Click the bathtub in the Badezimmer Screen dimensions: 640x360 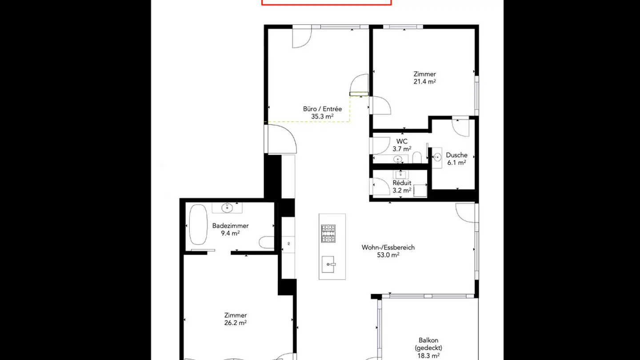click(x=198, y=224)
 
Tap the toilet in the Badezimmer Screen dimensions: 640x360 click(x=266, y=243)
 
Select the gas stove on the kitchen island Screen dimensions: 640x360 click(x=328, y=233)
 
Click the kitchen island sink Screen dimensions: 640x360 click(x=328, y=264)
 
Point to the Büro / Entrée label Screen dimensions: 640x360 click(x=322, y=109)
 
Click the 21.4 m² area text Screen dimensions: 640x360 click(x=424, y=82)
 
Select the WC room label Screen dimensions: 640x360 click(x=402, y=141)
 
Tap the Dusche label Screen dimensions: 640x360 click(x=456, y=155)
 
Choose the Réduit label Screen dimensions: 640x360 click(x=402, y=183)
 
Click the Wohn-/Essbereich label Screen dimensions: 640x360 click(x=388, y=248)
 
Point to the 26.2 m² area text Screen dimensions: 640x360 click(x=236, y=323)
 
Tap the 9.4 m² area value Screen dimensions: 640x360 click(x=230, y=233)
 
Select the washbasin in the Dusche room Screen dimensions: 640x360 click(x=437, y=157)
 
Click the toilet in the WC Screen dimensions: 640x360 click(x=417, y=157)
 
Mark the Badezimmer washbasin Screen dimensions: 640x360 click(x=227, y=208)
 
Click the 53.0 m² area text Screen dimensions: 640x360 click(x=388, y=255)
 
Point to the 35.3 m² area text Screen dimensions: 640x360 click(x=322, y=116)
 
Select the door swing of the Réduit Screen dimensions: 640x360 click(x=381, y=186)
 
